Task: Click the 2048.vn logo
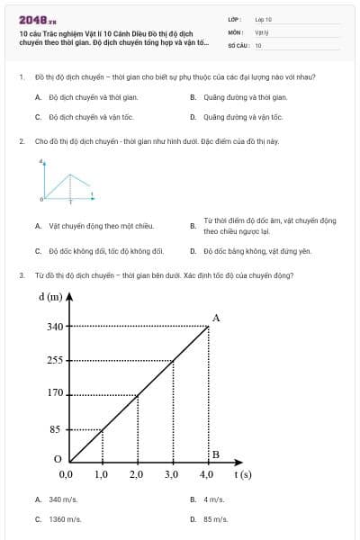click(x=38, y=19)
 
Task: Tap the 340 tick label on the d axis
click(x=55, y=327)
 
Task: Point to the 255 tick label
click(x=55, y=360)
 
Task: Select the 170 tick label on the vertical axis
click(x=55, y=393)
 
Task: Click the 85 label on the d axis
click(x=55, y=429)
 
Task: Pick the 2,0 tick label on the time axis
click(x=136, y=473)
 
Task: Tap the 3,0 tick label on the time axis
click(x=171, y=473)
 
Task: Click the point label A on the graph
click(x=216, y=318)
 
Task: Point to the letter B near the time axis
click(x=215, y=454)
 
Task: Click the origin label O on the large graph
click(x=58, y=458)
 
